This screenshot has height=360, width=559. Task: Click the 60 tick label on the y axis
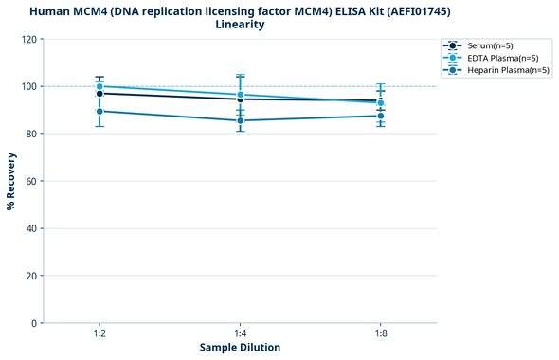[30, 181]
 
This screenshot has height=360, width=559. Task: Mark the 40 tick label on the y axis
[30, 228]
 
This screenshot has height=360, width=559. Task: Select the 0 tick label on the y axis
[33, 323]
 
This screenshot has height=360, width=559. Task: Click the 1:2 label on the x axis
[99, 334]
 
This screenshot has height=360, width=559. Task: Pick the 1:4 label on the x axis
[241, 334]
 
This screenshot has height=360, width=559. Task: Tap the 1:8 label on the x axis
[381, 334]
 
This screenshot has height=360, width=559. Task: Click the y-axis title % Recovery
[11, 181]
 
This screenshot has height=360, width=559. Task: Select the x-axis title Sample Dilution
[240, 348]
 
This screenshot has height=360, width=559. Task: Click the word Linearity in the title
[240, 25]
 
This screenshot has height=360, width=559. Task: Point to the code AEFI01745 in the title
[416, 10]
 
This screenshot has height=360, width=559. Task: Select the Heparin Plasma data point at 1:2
[99, 112]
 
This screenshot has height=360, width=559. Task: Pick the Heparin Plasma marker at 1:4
[241, 120]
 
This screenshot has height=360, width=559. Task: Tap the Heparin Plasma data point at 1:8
[381, 116]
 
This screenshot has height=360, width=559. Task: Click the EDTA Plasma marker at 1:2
[99, 86]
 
